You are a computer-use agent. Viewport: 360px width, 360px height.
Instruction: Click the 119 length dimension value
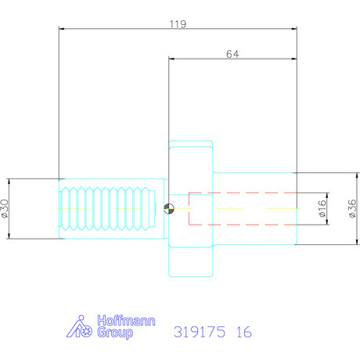pyautogui.click(x=177, y=24)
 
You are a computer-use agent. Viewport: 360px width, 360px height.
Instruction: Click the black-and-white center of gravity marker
pyautogui.click(x=170, y=207)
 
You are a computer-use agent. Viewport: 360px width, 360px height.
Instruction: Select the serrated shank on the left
pyautogui.click(x=110, y=208)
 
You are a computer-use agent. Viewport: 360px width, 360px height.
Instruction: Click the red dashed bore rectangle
pyautogui.click(x=243, y=208)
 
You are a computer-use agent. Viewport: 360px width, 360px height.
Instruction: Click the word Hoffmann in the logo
pyautogui.click(x=125, y=321)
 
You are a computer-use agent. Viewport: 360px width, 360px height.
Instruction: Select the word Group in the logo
pyautogui.click(x=114, y=333)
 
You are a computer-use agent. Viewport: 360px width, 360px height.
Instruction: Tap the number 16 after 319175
pyautogui.click(x=243, y=332)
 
